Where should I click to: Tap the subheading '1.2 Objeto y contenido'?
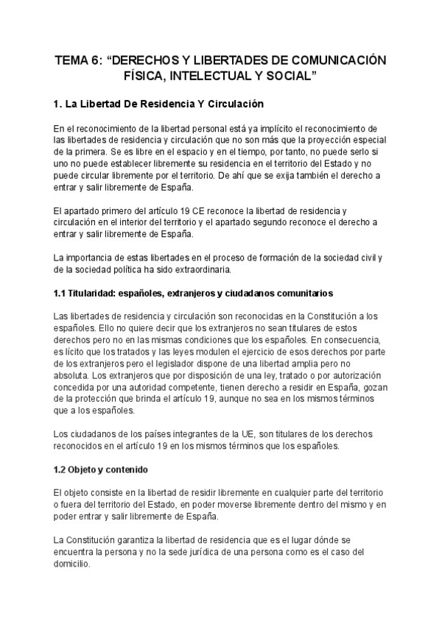(103, 468)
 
